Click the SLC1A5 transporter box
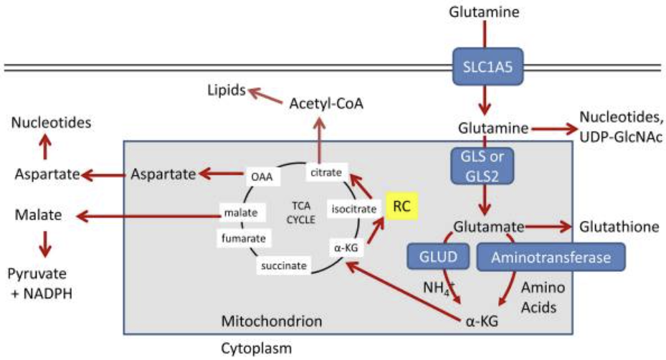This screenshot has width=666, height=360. tap(485, 68)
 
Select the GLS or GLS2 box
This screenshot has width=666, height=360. tap(485, 166)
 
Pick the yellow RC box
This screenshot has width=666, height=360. tap(402, 207)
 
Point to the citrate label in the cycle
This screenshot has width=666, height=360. tap(327, 171)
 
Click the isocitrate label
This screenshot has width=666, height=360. tap(351, 209)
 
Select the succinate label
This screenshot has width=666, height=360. tap(285, 266)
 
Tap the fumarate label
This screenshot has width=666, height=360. tap(244, 237)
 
